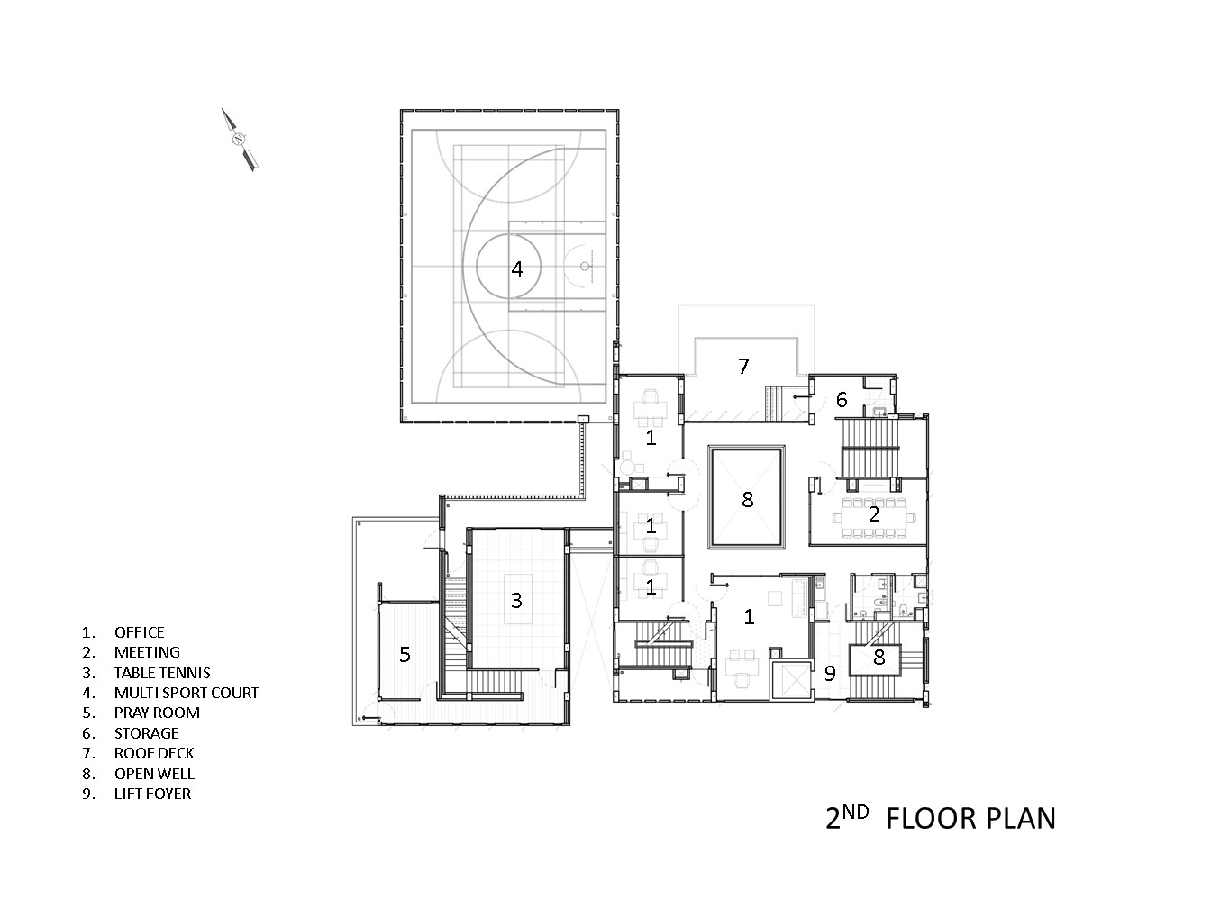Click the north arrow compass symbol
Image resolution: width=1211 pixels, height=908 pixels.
coord(240,140)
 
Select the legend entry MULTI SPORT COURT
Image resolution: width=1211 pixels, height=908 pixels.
coord(186,693)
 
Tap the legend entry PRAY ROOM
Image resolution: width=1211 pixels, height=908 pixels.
coord(157,713)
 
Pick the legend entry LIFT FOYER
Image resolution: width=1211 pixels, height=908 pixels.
coord(152,794)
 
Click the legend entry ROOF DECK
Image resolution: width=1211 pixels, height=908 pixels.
coord(154,753)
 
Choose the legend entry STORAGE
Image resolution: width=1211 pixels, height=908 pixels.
coord(146,733)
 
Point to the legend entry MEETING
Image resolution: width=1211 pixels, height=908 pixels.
coord(147,652)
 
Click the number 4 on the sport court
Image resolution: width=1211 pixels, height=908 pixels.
coord(516,268)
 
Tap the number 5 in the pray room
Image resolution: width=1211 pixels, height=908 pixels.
coord(405,655)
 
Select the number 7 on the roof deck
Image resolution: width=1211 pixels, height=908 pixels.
coord(743,367)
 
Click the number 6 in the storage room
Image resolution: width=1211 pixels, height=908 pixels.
coord(842,400)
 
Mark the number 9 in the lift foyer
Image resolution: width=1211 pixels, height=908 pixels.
coord(830,673)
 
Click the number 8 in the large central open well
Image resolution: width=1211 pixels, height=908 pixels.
coord(747,498)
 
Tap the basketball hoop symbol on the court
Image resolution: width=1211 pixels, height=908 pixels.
coord(585,266)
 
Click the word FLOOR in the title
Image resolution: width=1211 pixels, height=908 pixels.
coord(931,818)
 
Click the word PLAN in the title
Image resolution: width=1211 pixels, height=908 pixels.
coord(1020,818)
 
